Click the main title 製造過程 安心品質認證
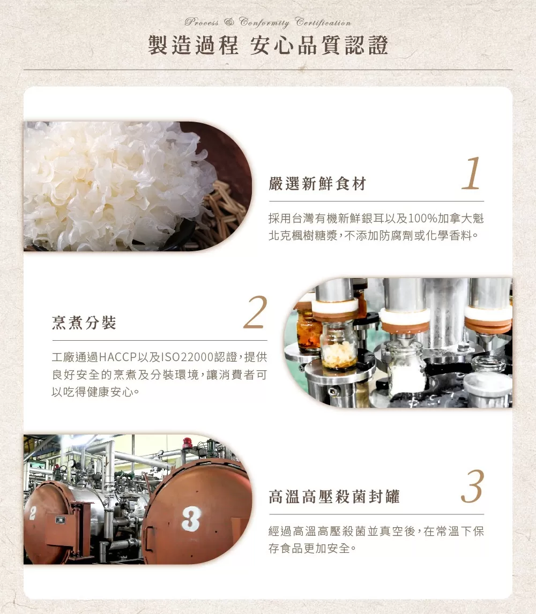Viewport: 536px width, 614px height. tap(268, 45)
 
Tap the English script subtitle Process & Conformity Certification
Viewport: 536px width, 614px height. tap(268, 23)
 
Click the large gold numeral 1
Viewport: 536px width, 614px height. tap(471, 174)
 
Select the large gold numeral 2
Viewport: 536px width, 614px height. tap(256, 312)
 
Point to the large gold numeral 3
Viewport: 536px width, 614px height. tap(473, 486)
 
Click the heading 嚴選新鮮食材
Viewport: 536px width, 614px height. tap(318, 183)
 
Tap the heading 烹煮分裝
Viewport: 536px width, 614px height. tap(84, 323)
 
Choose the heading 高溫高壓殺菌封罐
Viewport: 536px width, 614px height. tap(334, 497)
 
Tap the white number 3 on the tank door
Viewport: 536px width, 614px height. tap(191, 519)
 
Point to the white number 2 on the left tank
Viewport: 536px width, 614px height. tap(33, 513)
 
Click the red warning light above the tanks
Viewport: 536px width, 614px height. tap(188, 443)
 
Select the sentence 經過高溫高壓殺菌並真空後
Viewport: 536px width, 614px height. tap(341, 531)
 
